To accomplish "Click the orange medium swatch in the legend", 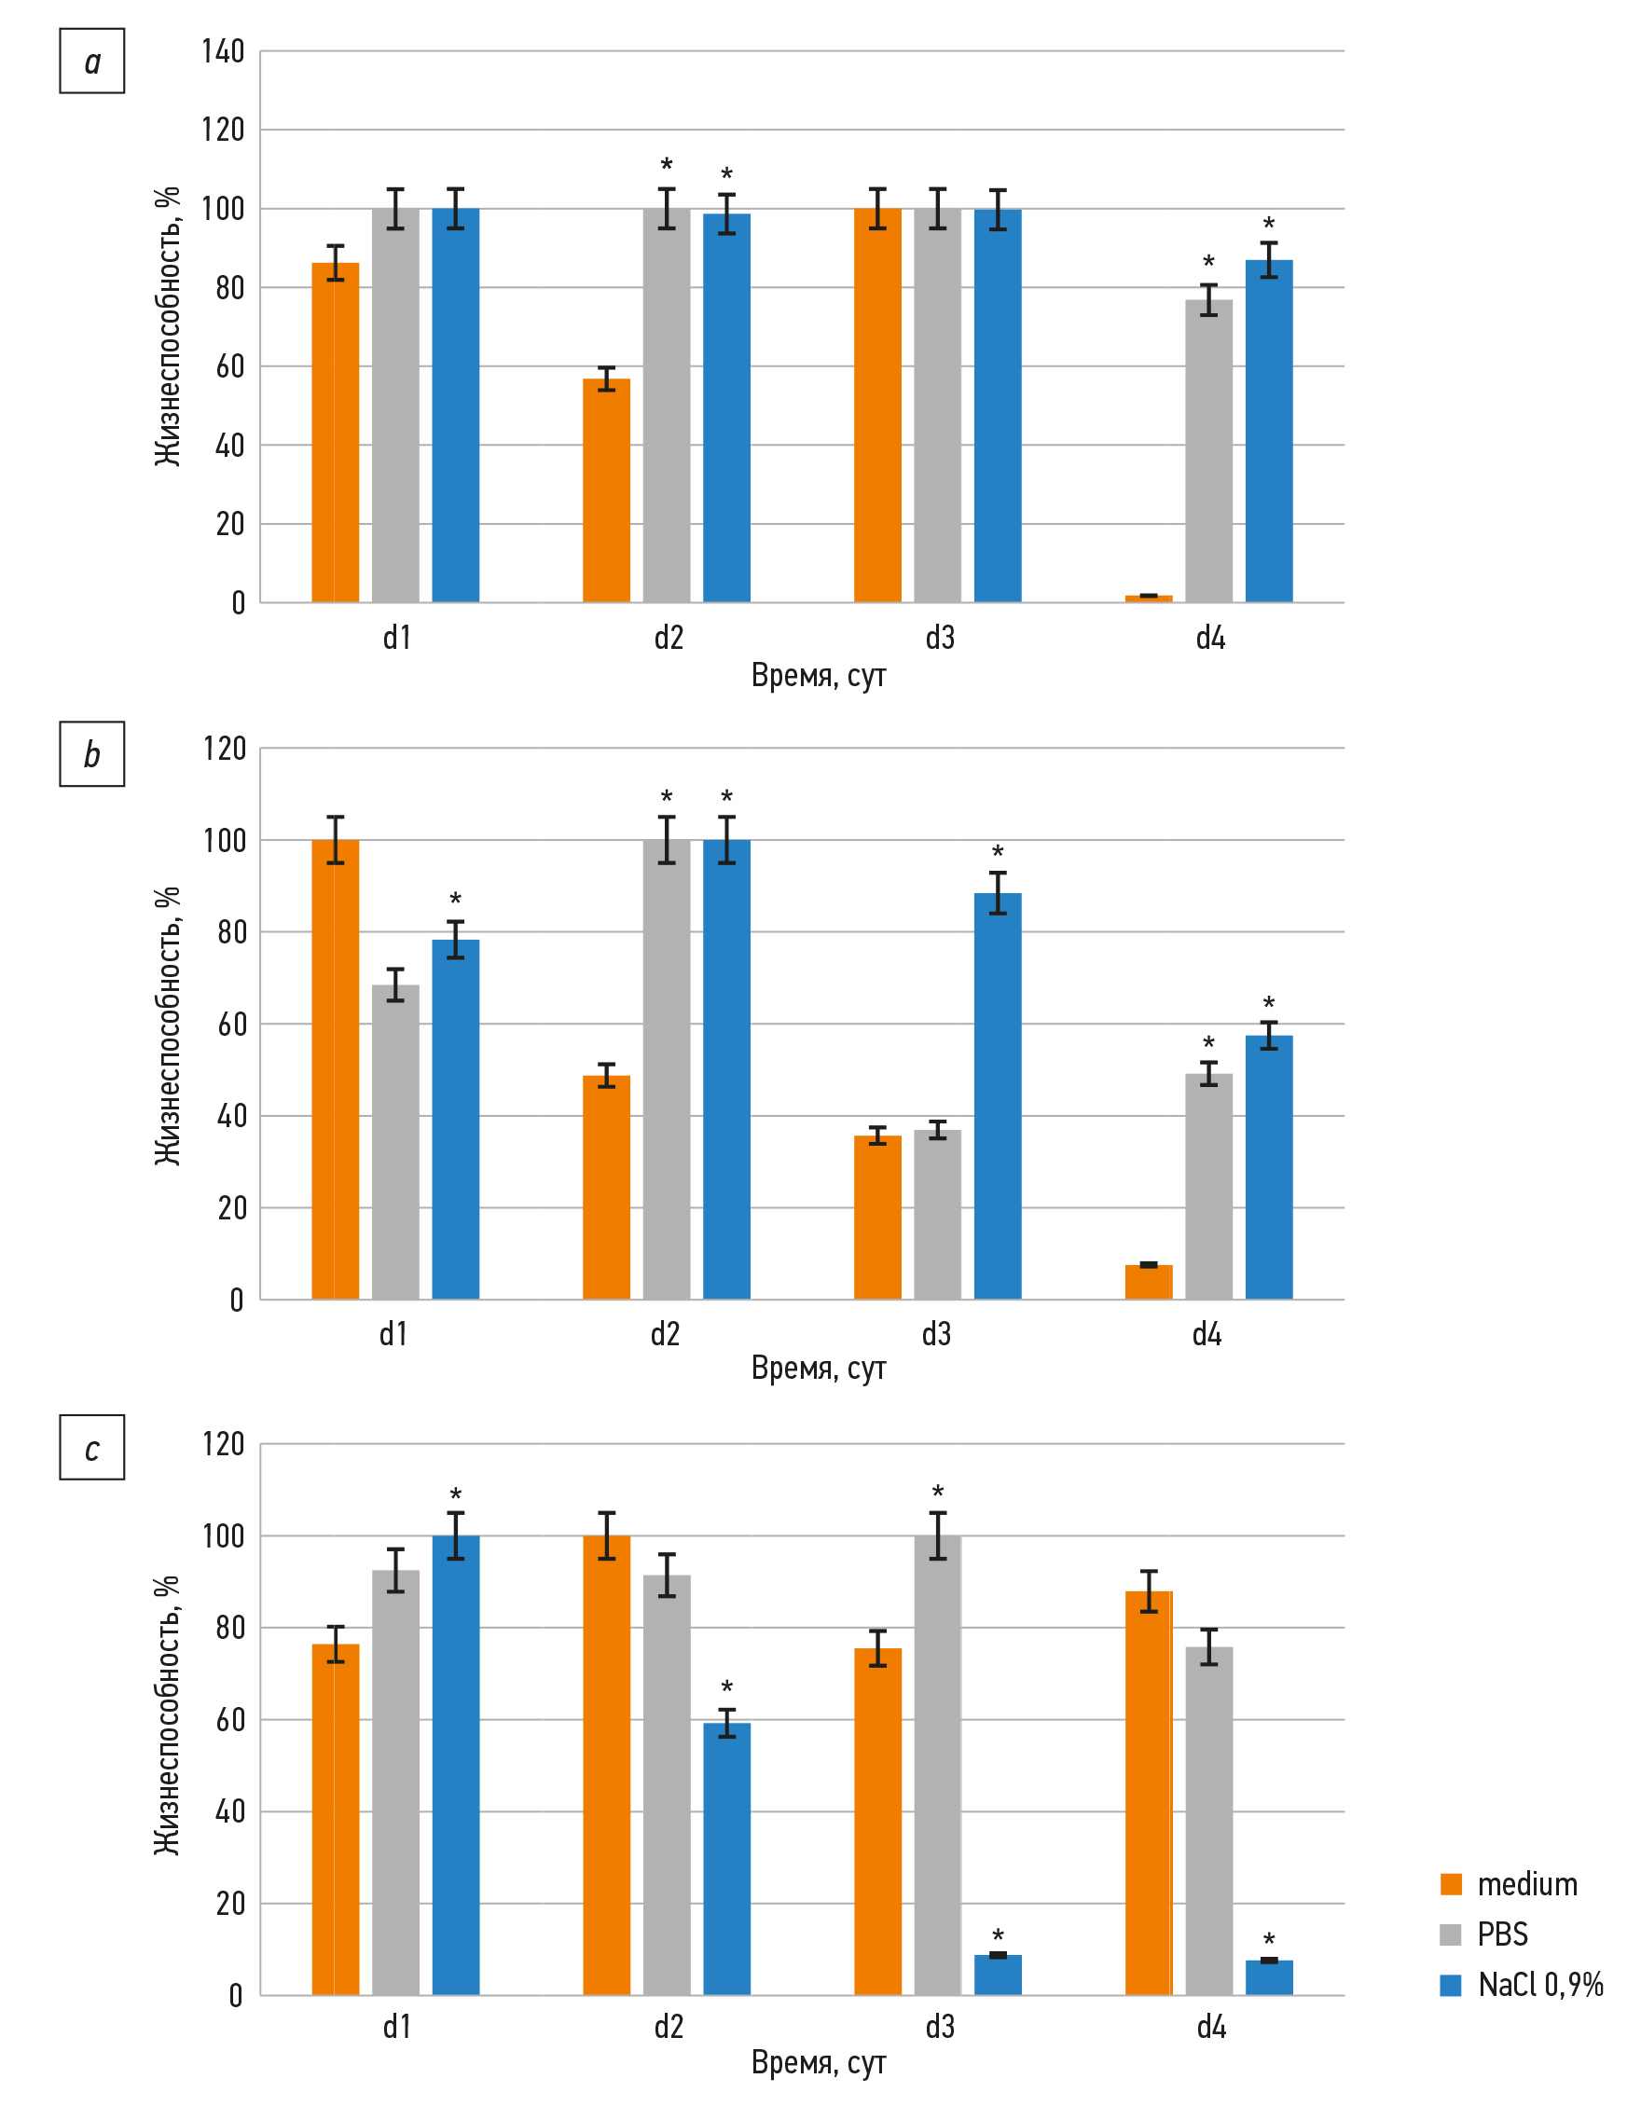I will pyautogui.click(x=1450, y=1884).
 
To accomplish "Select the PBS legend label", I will pyautogui.click(x=1502, y=1934).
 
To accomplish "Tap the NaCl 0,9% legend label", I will pyautogui.click(x=1539, y=1985).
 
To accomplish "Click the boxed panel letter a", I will pyautogui.click(x=92, y=62).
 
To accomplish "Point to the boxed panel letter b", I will pyautogui.click(x=92, y=754).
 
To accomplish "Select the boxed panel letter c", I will pyautogui.click(x=92, y=1448).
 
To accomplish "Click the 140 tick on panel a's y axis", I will pyautogui.click(x=223, y=51).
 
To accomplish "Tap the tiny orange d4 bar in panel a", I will pyautogui.click(x=1149, y=599).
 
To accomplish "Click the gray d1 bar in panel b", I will pyautogui.click(x=395, y=1142).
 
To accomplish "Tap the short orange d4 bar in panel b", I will pyautogui.click(x=1149, y=1282).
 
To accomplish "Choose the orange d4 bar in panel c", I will pyautogui.click(x=1149, y=1793).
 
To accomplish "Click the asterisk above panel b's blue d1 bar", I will pyautogui.click(x=455, y=900).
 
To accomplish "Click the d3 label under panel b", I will pyautogui.click(x=936, y=1335).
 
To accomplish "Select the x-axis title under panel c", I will pyautogui.click(x=819, y=2061).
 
